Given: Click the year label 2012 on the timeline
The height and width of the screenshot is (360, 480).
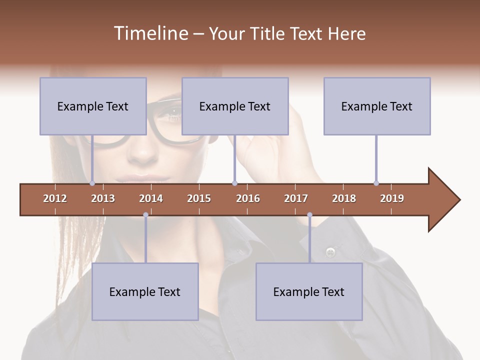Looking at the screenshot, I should point(55,198).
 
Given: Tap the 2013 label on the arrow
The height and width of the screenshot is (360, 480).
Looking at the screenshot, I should point(103,198).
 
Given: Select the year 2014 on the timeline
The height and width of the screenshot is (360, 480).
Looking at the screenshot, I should point(151,198).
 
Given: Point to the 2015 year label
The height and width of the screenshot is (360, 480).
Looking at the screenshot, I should point(199,198).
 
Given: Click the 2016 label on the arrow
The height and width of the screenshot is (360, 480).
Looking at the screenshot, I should point(248,198).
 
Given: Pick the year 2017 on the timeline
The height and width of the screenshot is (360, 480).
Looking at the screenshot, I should point(296,198).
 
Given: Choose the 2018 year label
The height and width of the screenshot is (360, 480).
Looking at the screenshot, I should point(344,198).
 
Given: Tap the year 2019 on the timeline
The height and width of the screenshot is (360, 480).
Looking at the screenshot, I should point(392,198).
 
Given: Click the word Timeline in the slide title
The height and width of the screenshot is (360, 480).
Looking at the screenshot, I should point(149,33).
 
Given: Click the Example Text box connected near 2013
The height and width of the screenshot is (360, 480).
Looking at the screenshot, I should point(93,106).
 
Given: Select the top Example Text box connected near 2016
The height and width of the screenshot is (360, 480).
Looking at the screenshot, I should point(235,106).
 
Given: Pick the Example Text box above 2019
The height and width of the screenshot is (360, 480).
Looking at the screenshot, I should point(377,106).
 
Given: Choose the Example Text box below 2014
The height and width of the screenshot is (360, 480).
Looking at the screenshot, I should point(145,291).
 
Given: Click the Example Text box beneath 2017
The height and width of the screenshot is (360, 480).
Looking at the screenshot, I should point(309,291).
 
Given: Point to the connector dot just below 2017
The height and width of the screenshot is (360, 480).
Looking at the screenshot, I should point(309,215).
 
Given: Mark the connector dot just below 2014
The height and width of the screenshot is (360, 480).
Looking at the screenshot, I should point(145,215).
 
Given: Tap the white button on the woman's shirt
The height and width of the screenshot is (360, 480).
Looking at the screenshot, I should point(330,251).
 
